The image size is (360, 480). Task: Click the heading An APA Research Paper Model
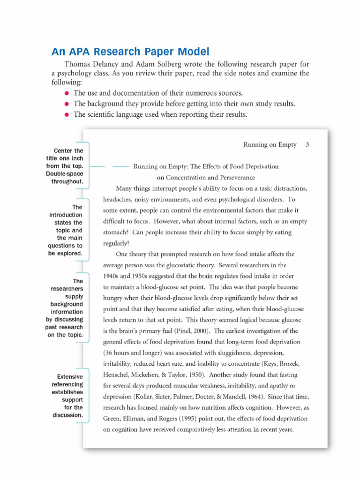pyautogui.click(x=130, y=52)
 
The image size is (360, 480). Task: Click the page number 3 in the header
pyautogui.click(x=307, y=145)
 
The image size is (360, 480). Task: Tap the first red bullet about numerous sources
pyautogui.click(x=67, y=93)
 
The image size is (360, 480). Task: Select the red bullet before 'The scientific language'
pyautogui.click(x=67, y=115)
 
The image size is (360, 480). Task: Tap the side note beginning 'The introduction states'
pyautogui.click(x=66, y=230)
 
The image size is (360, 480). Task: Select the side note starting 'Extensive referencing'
pyautogui.click(x=67, y=396)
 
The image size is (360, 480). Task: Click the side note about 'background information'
pyautogui.click(x=66, y=308)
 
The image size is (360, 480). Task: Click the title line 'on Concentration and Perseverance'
pyautogui.click(x=206, y=177)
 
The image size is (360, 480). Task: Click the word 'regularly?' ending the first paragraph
pyautogui.click(x=116, y=243)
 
